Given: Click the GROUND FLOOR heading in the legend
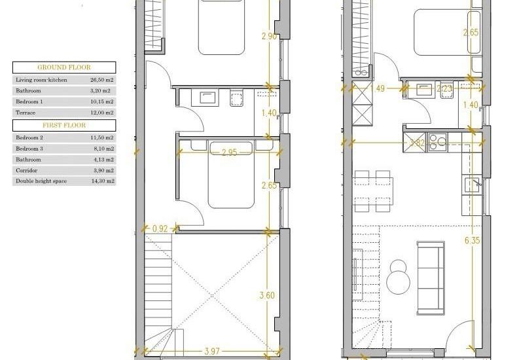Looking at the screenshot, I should [64, 67].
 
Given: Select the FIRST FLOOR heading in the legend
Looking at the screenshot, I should [64, 124].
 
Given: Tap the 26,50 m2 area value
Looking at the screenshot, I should [102, 80].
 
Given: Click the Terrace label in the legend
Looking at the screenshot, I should [26, 113].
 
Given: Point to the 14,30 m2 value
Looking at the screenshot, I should [102, 181].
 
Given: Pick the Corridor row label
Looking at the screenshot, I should [27, 170].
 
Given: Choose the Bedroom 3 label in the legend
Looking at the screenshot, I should [29, 149].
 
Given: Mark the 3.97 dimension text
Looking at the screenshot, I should [211, 352].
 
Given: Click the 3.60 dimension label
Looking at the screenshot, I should [267, 295].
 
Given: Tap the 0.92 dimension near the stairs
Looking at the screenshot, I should [160, 229].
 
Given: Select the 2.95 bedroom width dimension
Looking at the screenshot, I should [229, 153].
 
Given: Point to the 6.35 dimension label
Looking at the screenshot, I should [473, 241].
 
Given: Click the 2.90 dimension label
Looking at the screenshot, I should [267, 37].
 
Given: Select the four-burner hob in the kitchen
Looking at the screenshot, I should [437, 143].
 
